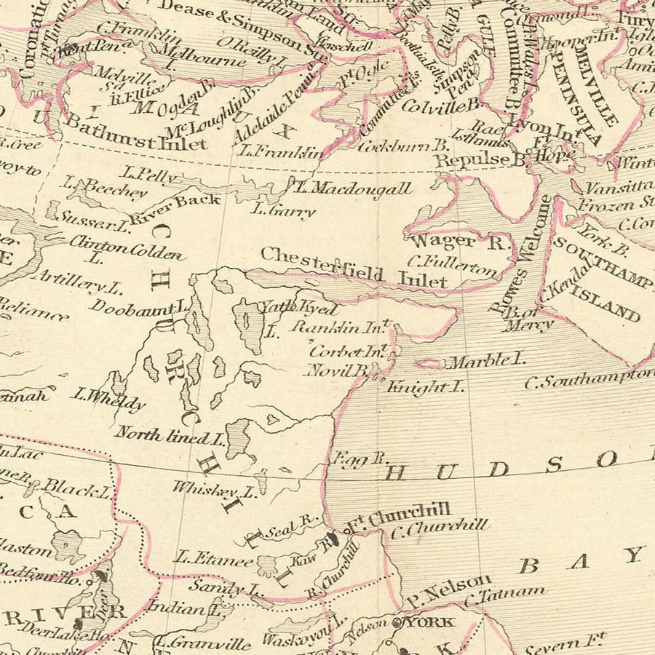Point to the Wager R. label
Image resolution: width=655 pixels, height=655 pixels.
[458, 242]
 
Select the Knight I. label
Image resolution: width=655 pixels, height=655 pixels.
[425, 386]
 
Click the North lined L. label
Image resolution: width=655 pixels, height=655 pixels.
[169, 436]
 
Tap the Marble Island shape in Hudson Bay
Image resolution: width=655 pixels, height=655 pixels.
[429, 363]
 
